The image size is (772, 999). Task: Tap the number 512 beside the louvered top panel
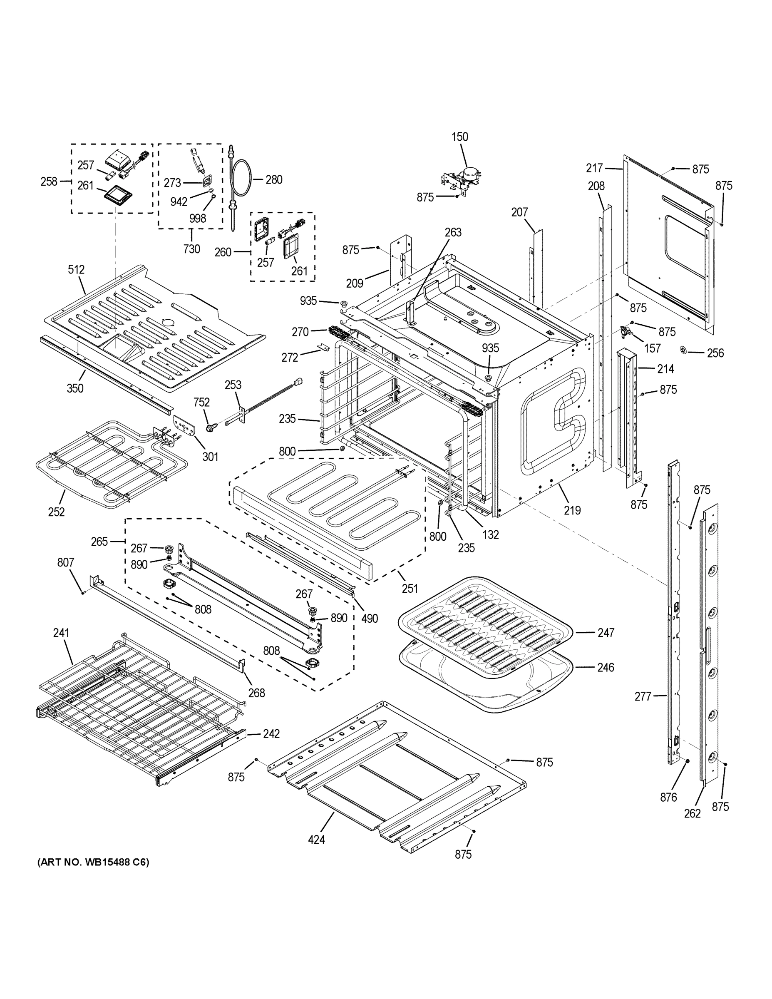77,269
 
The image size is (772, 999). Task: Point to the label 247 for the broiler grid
606,633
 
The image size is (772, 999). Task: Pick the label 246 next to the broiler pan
606,667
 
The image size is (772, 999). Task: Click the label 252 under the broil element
56,512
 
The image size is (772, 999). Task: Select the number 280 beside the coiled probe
274,180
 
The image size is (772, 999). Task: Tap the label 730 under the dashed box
191,249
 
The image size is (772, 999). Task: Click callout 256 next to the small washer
715,353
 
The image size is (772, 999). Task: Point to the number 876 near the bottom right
668,797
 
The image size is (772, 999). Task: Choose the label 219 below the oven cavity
572,510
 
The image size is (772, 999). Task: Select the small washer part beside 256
684,350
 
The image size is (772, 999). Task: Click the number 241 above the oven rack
61,633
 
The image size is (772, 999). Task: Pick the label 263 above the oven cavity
453,232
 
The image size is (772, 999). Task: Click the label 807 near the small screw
65,562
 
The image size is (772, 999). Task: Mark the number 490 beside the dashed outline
370,619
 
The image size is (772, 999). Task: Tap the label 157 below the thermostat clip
652,348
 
